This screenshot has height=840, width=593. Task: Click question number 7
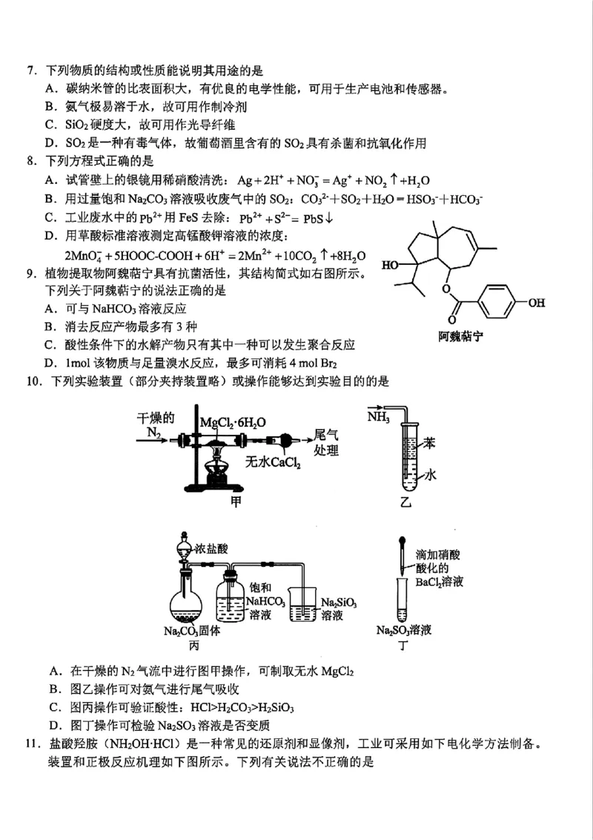30,71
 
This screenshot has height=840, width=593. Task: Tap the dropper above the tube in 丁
401,554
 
